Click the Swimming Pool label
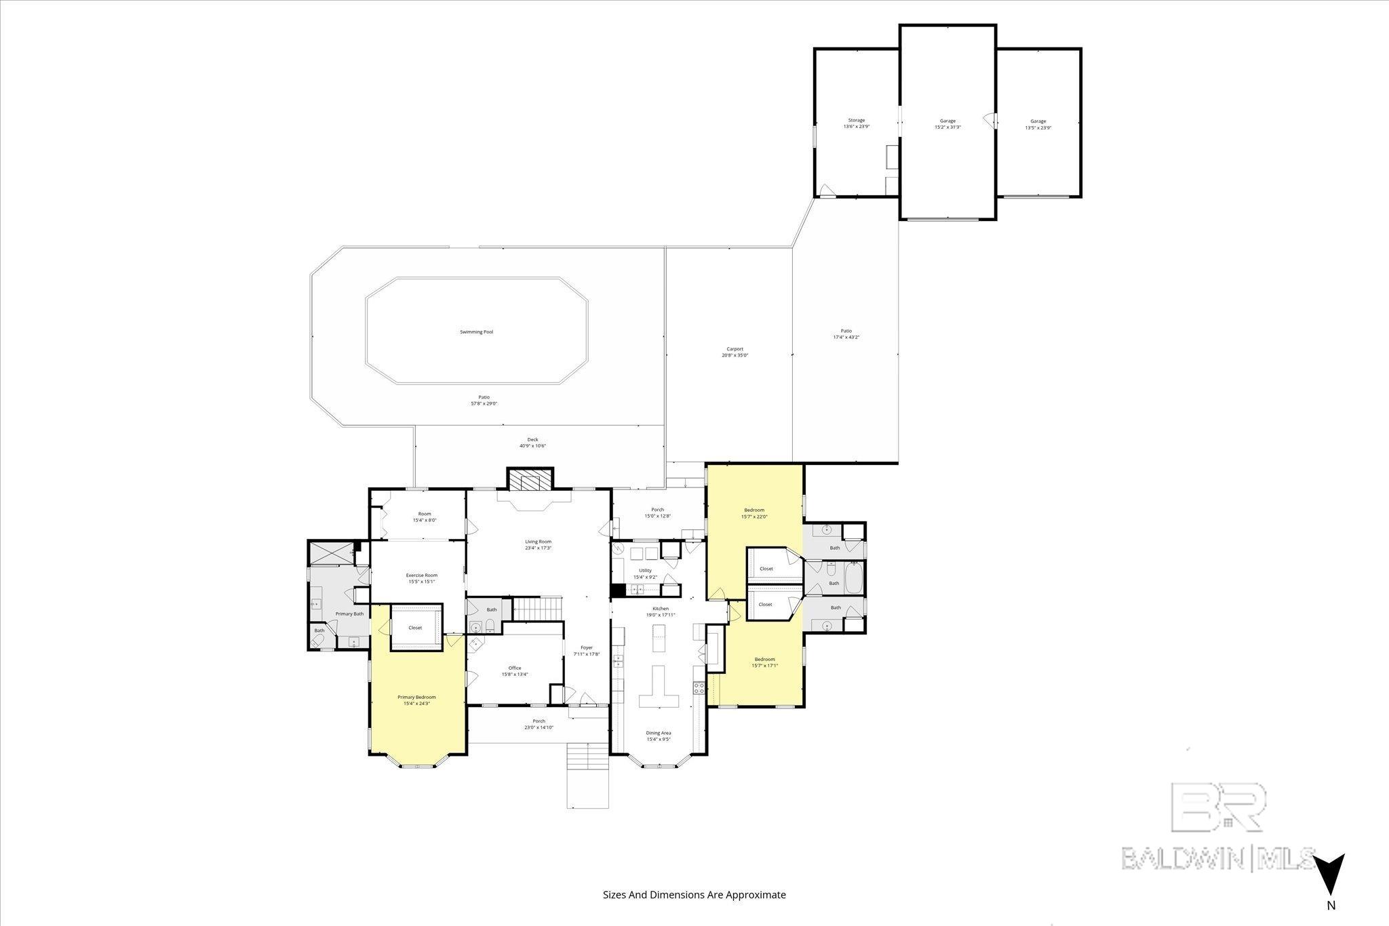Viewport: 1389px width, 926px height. [x=476, y=332]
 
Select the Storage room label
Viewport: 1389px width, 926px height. [x=856, y=121]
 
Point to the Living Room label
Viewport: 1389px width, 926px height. [x=538, y=542]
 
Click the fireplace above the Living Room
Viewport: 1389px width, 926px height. [x=530, y=481]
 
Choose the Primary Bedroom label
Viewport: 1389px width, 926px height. [x=416, y=698]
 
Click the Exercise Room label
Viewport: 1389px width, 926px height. [x=421, y=576]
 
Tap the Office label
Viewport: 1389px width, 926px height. [x=515, y=668]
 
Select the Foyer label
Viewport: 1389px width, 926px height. [x=587, y=648]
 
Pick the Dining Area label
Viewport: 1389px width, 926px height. [x=658, y=733]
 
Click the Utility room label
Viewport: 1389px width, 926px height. [x=644, y=571]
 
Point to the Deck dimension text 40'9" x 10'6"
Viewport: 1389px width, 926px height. [x=532, y=446]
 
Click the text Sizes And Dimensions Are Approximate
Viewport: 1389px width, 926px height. [x=694, y=895]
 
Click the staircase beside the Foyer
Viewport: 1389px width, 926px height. [x=538, y=609]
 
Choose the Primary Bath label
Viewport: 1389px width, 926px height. [x=349, y=614]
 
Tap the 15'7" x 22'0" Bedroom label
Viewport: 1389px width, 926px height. [x=754, y=513]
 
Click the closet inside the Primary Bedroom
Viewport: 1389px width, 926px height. [x=416, y=628]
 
